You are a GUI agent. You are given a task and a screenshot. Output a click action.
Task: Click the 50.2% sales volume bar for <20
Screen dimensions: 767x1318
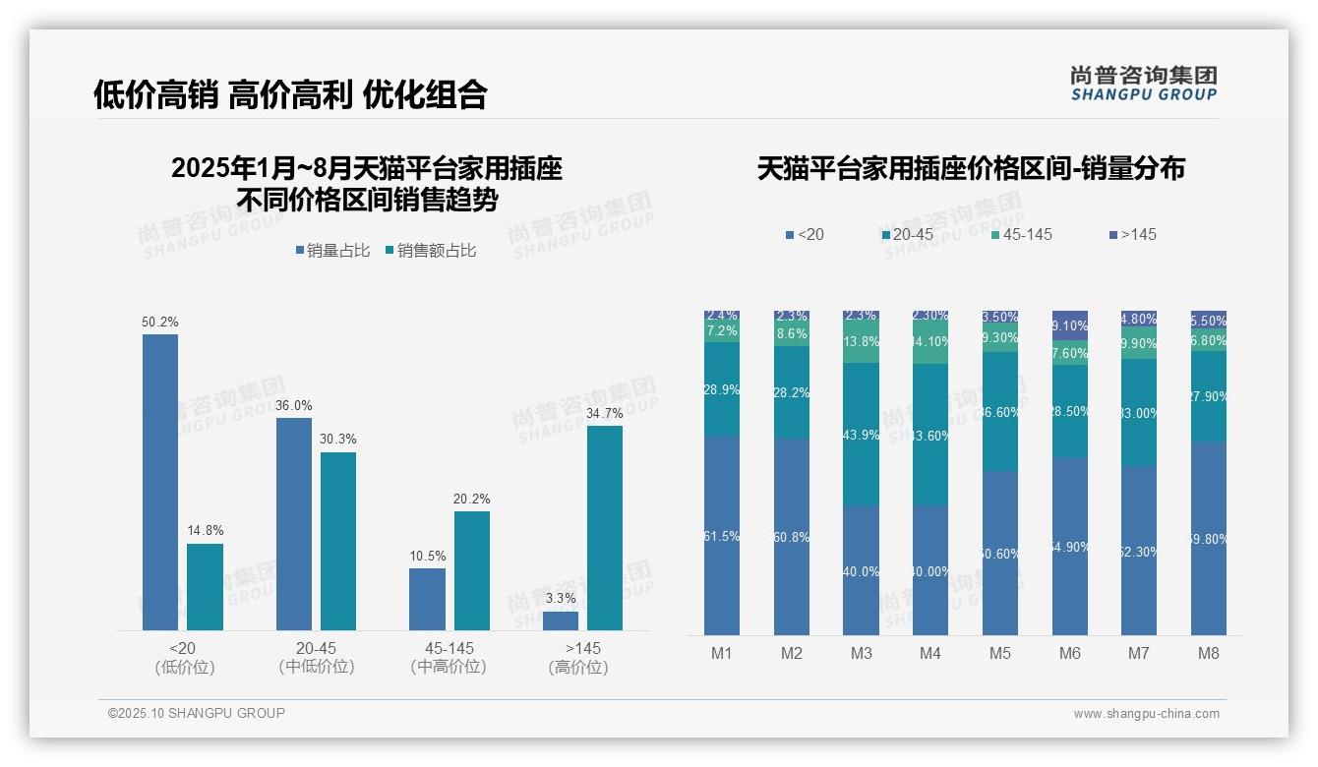[160, 482]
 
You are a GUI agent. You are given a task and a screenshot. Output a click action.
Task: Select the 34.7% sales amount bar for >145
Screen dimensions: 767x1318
[605, 527]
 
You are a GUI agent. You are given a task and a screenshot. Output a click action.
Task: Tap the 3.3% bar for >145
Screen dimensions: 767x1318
[561, 620]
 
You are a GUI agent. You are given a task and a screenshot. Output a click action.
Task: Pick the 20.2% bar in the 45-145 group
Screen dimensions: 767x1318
[472, 570]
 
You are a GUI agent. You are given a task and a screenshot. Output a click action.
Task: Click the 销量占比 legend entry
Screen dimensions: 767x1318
[332, 251]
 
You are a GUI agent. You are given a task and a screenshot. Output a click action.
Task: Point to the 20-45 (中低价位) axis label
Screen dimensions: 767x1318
[316, 657]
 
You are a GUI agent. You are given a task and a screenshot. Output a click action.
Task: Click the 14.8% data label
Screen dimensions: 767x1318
[205, 531]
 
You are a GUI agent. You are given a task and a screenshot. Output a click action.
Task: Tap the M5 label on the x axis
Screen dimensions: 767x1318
[1000, 653]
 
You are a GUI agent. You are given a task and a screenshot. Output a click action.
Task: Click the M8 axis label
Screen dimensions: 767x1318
[1209, 653]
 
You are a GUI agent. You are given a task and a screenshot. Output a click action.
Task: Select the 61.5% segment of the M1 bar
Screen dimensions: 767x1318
[722, 536]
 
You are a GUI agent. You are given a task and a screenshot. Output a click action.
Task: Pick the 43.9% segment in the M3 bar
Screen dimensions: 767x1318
[861, 435]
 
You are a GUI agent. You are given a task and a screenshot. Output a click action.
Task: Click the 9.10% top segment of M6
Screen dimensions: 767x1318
[1070, 325]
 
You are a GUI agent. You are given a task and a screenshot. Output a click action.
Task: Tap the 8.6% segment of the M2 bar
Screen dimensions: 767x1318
[792, 334]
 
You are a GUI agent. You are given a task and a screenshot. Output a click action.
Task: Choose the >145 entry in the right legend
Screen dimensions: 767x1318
[1133, 234]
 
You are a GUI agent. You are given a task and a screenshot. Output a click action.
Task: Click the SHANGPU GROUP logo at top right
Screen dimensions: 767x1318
[1143, 84]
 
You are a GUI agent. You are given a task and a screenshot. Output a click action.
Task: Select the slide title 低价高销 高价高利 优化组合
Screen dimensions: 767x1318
[290, 94]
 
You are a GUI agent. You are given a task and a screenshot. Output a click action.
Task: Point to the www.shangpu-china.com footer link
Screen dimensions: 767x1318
[1146, 714]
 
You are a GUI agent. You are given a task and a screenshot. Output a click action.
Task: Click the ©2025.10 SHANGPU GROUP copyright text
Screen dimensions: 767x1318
[197, 713]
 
